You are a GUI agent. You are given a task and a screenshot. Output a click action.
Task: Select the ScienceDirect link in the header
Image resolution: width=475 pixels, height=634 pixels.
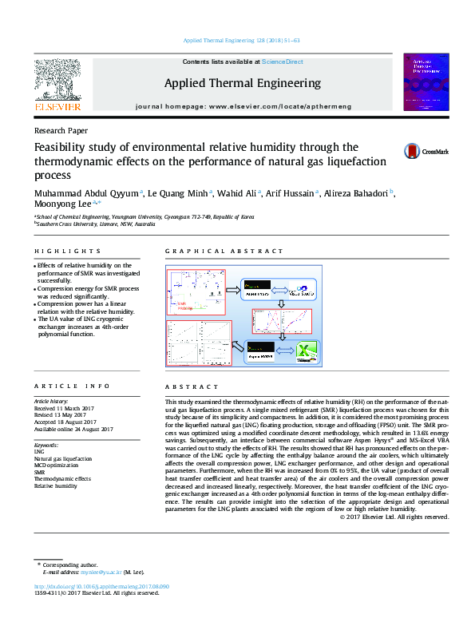pyautogui.click(x=283, y=61)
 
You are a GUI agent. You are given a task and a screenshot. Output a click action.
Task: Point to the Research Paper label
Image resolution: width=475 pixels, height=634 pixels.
pyautogui.click(x=61, y=130)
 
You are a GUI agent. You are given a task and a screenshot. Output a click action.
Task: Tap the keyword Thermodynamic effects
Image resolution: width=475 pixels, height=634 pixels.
pyautogui.click(x=62, y=479)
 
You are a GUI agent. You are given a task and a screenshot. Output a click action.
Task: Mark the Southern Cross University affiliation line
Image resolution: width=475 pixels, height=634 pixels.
pyautogui.click(x=96, y=224)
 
